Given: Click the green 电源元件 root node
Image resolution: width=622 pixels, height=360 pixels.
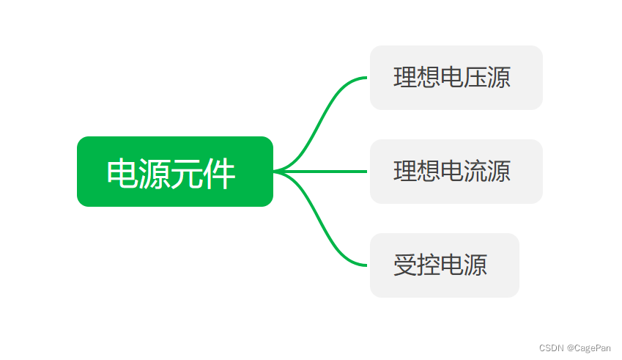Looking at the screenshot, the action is click(174, 172).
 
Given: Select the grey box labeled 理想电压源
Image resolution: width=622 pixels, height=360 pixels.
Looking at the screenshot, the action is click(456, 78).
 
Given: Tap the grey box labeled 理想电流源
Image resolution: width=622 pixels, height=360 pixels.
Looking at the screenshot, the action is click(456, 172).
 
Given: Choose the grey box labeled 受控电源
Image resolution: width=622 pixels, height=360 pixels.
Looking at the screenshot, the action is click(444, 265).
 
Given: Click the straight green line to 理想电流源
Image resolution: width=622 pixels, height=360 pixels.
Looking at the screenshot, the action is click(322, 172).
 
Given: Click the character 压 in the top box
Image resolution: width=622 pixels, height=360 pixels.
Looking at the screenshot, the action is click(475, 78).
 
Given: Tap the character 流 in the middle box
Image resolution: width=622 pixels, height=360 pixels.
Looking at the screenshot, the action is click(475, 172).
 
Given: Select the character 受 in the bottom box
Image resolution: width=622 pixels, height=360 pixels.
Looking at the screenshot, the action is click(405, 265).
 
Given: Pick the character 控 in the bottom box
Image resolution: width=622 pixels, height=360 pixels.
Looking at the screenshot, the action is click(429, 265).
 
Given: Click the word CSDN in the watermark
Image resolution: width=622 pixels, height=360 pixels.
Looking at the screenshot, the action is click(551, 348).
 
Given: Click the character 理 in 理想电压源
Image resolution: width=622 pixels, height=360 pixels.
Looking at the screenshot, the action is click(405, 78).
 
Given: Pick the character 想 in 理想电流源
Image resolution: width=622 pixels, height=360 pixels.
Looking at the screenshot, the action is click(429, 172).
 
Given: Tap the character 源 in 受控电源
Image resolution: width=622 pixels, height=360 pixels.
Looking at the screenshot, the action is click(475, 265).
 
